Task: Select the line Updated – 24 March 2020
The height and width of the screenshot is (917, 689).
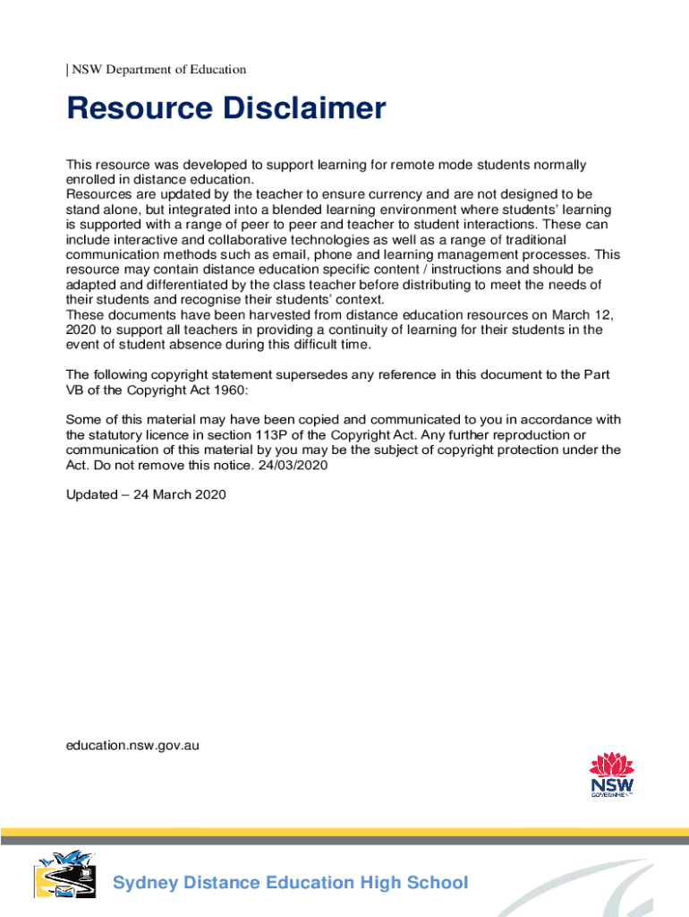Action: point(147,494)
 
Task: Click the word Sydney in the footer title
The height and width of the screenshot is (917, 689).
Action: point(144,883)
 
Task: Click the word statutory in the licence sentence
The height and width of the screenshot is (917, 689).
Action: point(118,434)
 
